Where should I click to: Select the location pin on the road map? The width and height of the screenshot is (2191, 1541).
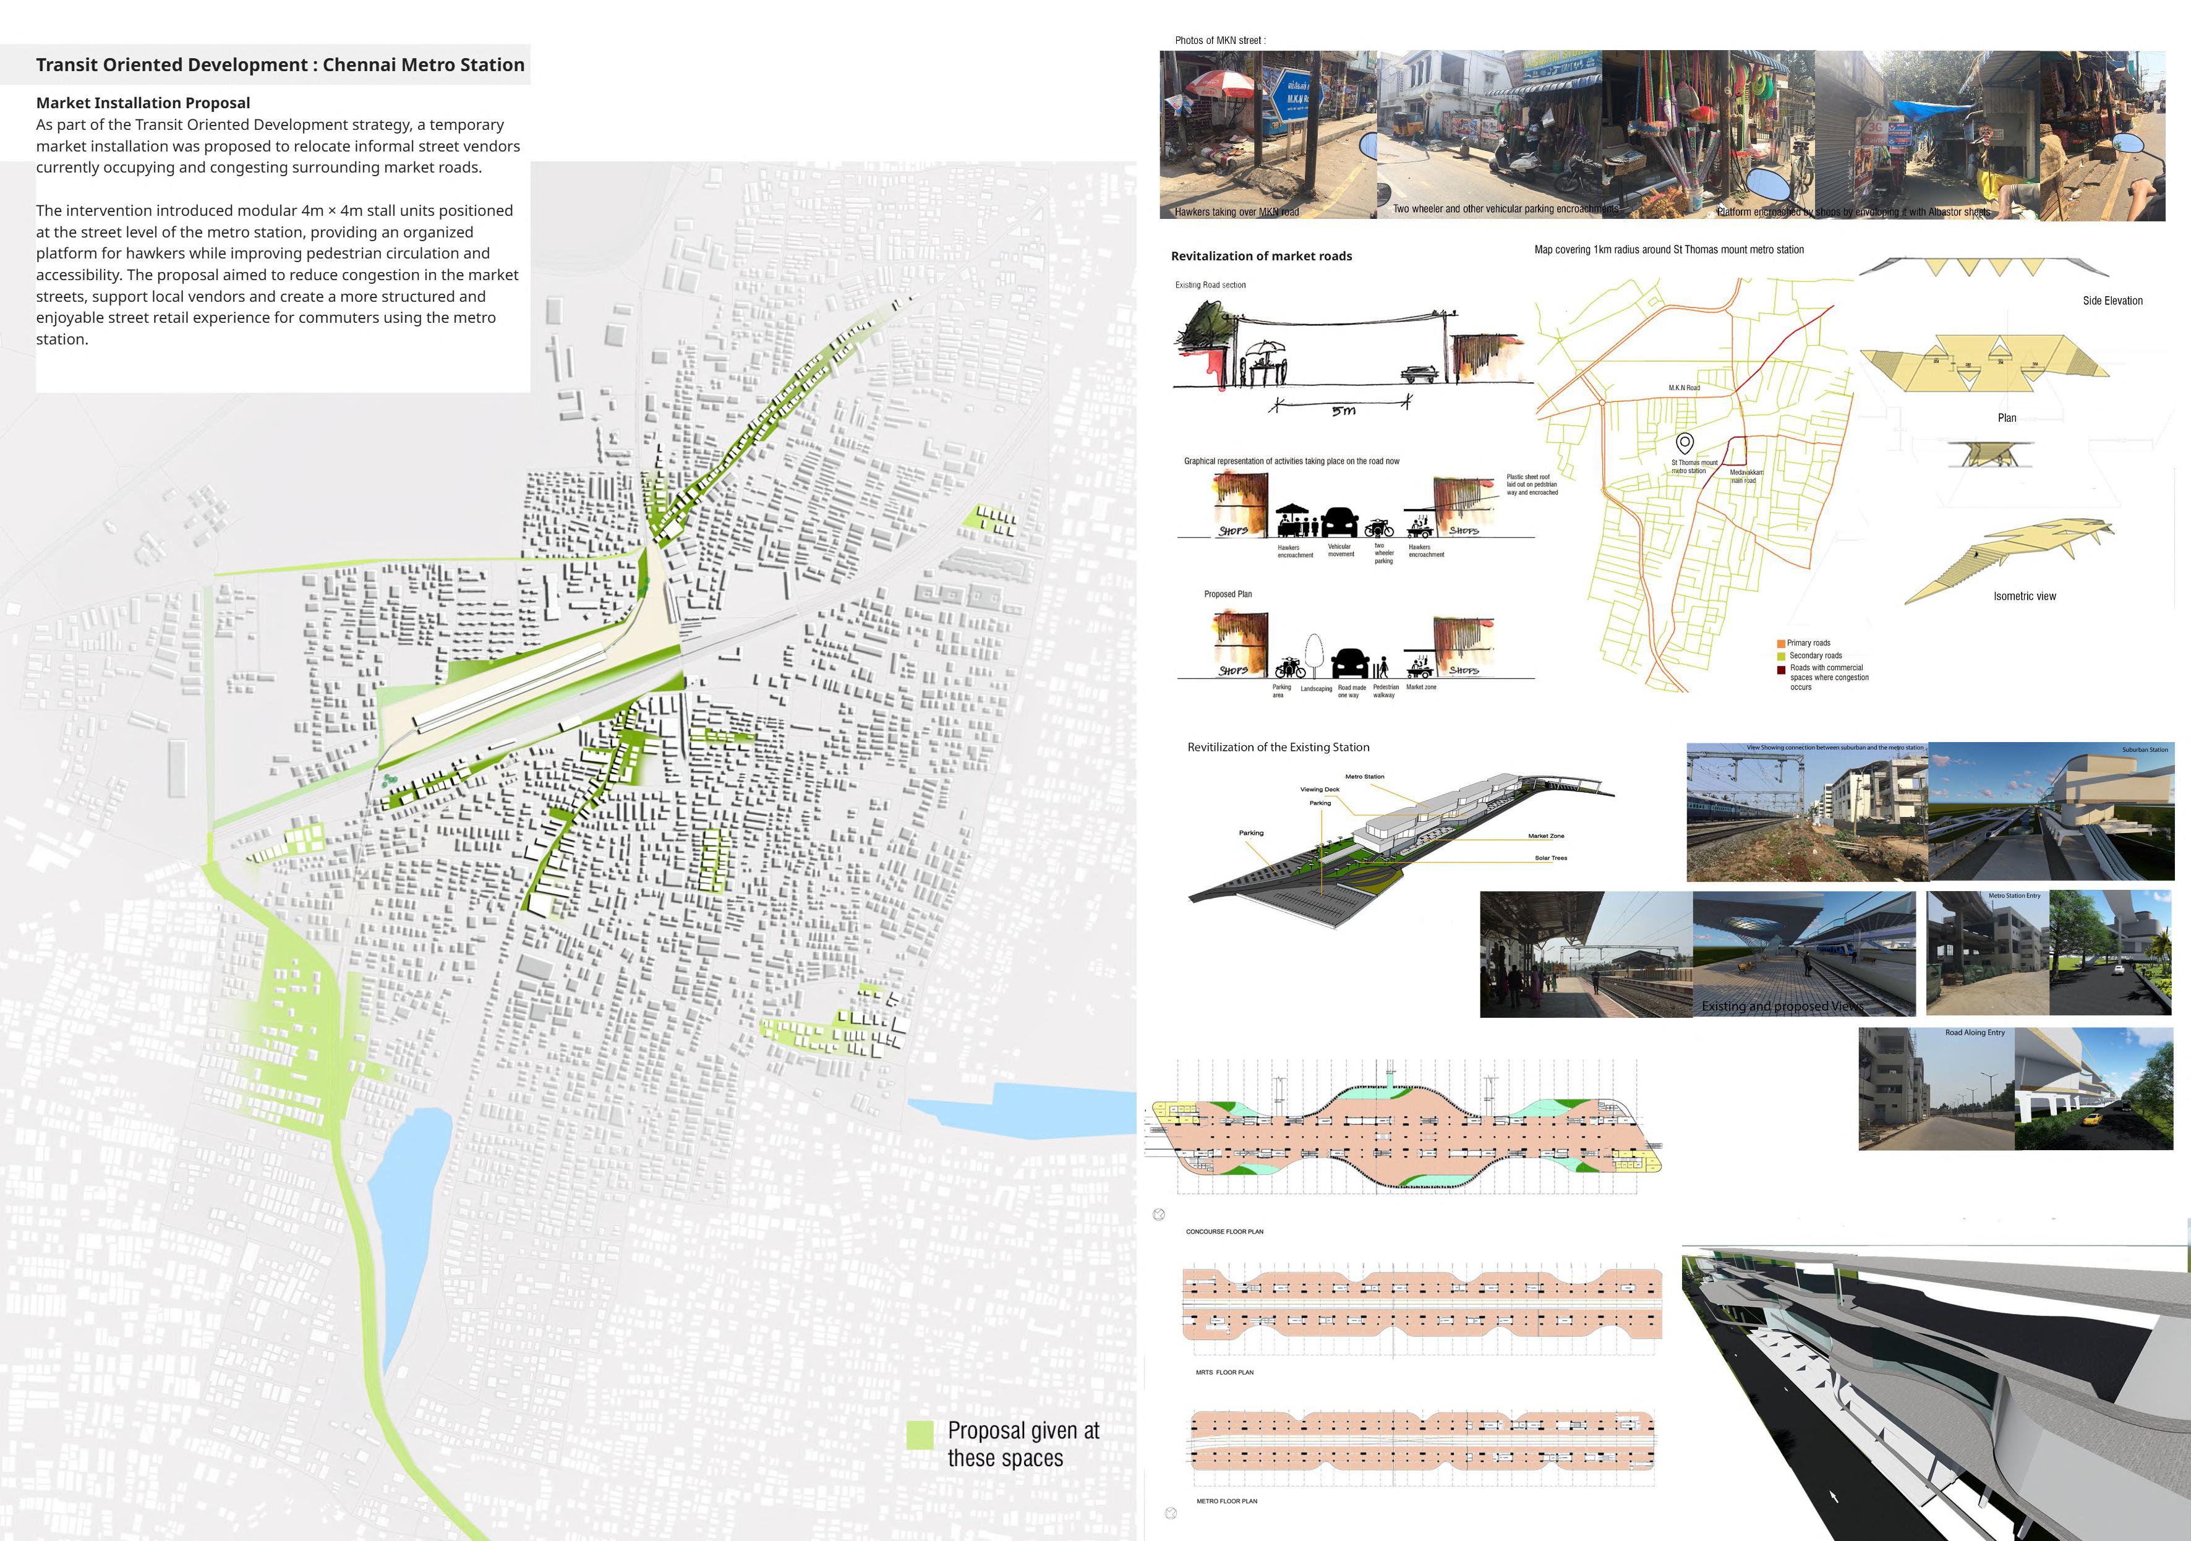point(1685,443)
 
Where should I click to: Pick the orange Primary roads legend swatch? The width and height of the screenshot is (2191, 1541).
point(1780,643)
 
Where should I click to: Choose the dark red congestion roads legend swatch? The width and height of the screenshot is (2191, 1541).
point(1780,669)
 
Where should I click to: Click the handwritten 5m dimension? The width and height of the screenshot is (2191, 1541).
point(1343,411)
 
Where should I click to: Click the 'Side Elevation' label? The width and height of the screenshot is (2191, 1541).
point(2112,301)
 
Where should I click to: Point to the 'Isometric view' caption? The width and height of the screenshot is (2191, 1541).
point(2024,596)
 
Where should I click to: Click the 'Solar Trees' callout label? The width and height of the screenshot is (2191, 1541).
point(1551,858)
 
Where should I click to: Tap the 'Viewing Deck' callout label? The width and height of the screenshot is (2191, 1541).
point(1320,789)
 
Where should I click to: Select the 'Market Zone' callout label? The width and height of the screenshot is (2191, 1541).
point(1546,836)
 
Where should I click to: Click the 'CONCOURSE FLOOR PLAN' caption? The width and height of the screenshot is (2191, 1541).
point(1224,1232)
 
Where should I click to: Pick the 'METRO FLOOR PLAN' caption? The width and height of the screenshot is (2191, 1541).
point(1226,1501)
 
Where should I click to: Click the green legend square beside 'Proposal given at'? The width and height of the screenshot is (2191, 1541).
point(919,1435)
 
